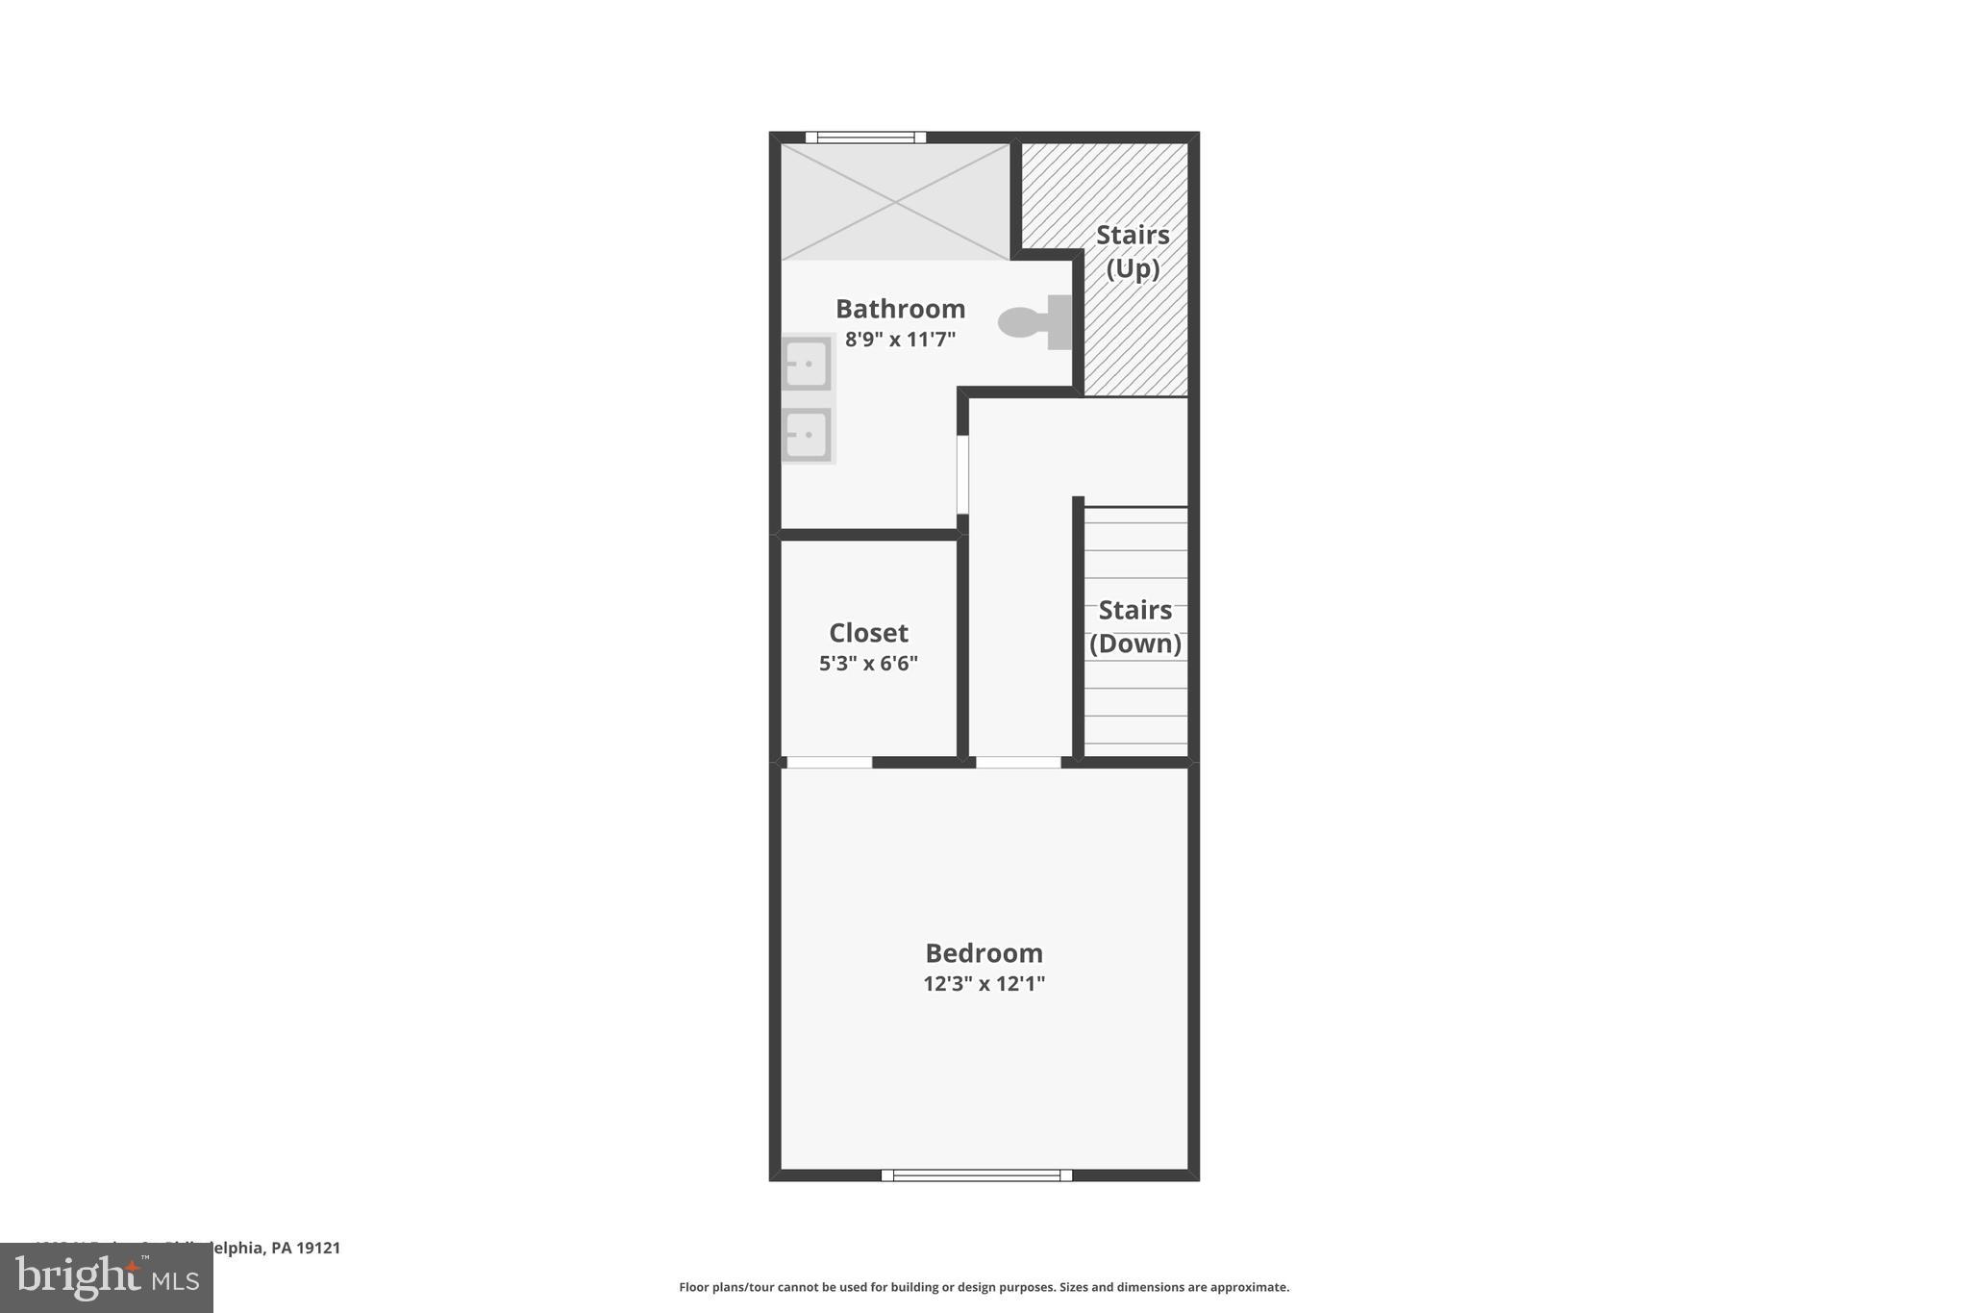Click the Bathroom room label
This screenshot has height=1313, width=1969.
tap(900, 309)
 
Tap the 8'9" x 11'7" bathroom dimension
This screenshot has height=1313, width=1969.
tap(900, 340)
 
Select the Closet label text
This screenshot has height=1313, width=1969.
tap(868, 633)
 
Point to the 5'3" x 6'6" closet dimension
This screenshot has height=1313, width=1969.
tap(868, 664)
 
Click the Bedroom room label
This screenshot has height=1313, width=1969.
tap(984, 953)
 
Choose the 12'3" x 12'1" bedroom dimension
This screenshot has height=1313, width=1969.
tap(984, 984)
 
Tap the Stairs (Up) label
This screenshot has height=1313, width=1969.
tap(1133, 251)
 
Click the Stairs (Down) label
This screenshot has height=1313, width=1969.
tap(1134, 626)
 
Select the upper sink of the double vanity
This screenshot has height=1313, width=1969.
tap(807, 364)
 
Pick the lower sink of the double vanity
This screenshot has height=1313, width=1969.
tap(807, 435)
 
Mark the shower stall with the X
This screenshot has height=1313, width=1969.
tap(895, 202)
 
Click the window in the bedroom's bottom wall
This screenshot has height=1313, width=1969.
tap(976, 1174)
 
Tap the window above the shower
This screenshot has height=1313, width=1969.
tap(865, 138)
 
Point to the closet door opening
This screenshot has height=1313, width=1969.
tap(829, 763)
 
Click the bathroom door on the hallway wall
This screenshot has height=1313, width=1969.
tap(962, 474)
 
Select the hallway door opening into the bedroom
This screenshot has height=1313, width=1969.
tap(1018, 763)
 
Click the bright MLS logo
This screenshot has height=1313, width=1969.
tap(107, 1278)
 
